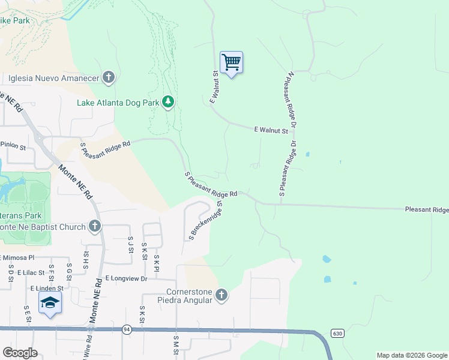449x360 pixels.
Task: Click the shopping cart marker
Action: click(231, 62)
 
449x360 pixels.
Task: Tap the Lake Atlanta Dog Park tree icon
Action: click(169, 102)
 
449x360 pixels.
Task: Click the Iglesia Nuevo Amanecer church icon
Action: click(109, 77)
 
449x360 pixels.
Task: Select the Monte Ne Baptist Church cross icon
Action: click(94, 226)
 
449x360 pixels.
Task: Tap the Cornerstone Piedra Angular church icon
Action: click(221, 295)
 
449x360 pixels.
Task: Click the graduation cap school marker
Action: click(51, 303)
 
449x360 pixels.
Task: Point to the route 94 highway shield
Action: click(127, 329)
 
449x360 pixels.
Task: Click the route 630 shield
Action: click(336, 333)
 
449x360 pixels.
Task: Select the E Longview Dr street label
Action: click(126, 278)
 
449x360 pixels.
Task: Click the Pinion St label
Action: click(13, 145)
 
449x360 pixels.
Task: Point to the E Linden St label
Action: click(47, 288)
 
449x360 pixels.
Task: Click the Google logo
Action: click(20, 353)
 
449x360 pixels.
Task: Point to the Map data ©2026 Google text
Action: click(411, 355)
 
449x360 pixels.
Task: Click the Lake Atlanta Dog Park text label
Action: click(118, 103)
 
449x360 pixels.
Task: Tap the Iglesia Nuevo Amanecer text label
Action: click(53, 77)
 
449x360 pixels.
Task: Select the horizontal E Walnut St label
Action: click(271, 130)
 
